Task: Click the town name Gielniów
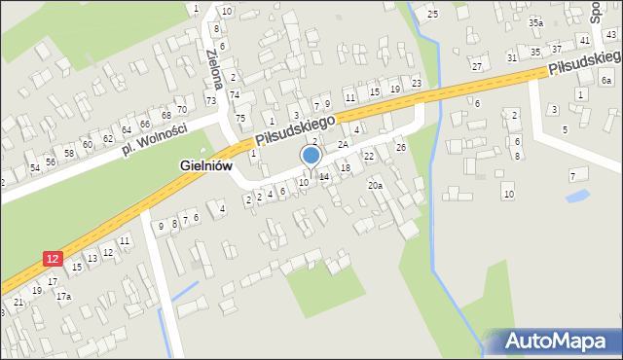click(205, 166)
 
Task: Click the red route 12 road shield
click(54, 258)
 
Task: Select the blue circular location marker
click(311, 155)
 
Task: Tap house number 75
click(240, 118)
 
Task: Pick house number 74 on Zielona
click(235, 94)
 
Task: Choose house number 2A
click(343, 144)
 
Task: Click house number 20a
click(375, 185)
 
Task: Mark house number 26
click(400, 147)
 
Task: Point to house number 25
click(432, 14)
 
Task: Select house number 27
click(476, 66)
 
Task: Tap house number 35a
click(535, 22)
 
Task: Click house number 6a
click(606, 81)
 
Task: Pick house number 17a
click(63, 295)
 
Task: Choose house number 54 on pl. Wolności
click(35, 167)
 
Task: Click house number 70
click(181, 106)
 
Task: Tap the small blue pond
click(576, 196)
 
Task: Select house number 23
click(417, 83)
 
